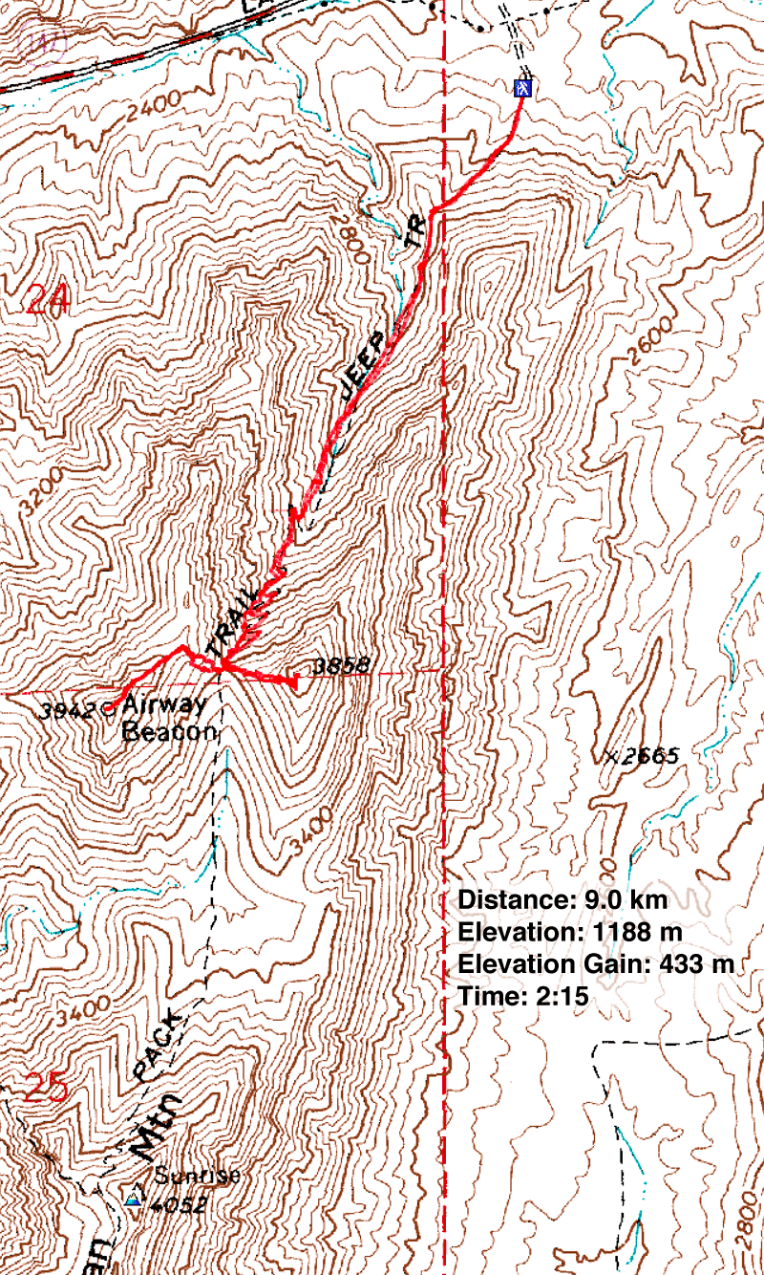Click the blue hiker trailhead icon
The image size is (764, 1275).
point(522,88)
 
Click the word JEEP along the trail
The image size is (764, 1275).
point(367,366)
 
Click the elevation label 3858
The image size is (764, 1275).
point(327,665)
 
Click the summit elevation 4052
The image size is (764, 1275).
point(179,1204)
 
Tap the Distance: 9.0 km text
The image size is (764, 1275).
point(562,899)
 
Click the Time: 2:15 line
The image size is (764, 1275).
point(522,997)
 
